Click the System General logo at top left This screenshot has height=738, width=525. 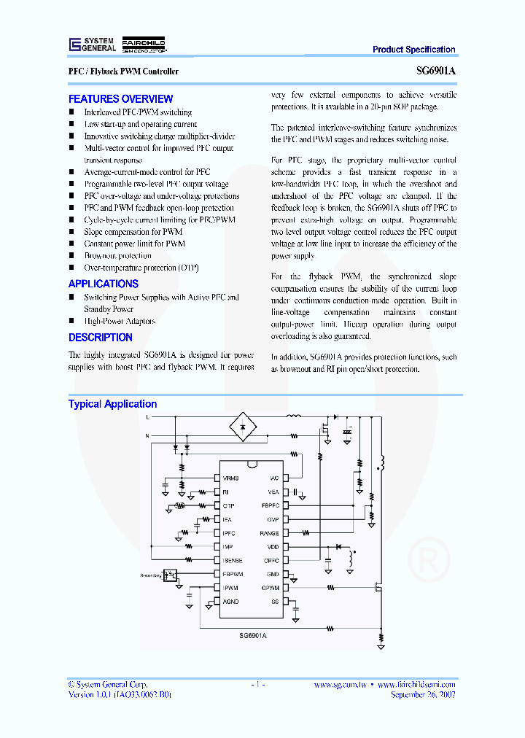(92, 44)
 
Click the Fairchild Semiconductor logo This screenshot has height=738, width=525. (144, 44)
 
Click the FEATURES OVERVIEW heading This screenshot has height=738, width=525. (120, 99)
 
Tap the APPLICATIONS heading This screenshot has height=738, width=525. (103, 284)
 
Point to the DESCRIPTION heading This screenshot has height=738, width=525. (101, 338)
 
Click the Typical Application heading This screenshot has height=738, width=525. (112, 404)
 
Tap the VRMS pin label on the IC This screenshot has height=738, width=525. (231, 478)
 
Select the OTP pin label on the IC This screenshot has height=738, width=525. (228, 505)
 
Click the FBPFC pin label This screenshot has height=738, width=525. (270, 505)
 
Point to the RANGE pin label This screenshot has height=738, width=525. (270, 533)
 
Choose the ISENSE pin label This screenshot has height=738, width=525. (233, 560)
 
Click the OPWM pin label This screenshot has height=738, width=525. (271, 588)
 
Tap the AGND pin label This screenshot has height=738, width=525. (230, 602)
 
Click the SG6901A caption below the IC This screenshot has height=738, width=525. (252, 636)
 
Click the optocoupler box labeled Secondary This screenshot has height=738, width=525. (170, 575)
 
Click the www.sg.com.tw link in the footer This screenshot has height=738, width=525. (340, 685)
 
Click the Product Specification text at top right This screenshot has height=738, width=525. (413, 50)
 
